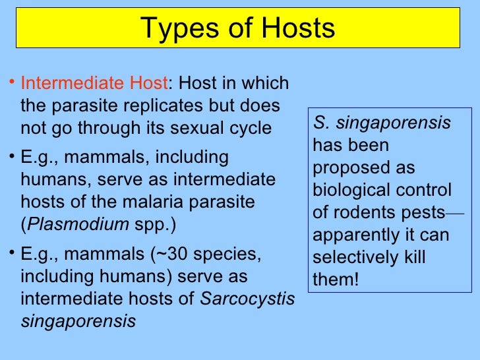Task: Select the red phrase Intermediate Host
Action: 94,84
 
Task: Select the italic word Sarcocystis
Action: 247,298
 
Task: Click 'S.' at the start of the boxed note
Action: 320,123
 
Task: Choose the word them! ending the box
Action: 336,280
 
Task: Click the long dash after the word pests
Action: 454,214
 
